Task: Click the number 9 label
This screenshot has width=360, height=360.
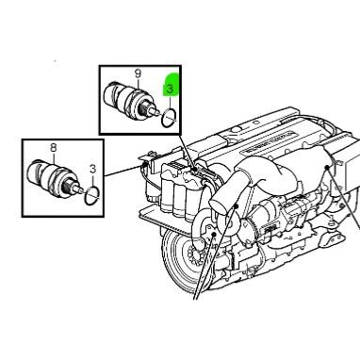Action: click(x=137, y=74)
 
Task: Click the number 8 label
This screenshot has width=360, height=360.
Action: click(x=54, y=148)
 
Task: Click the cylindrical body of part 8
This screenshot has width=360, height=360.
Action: click(x=47, y=174)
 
